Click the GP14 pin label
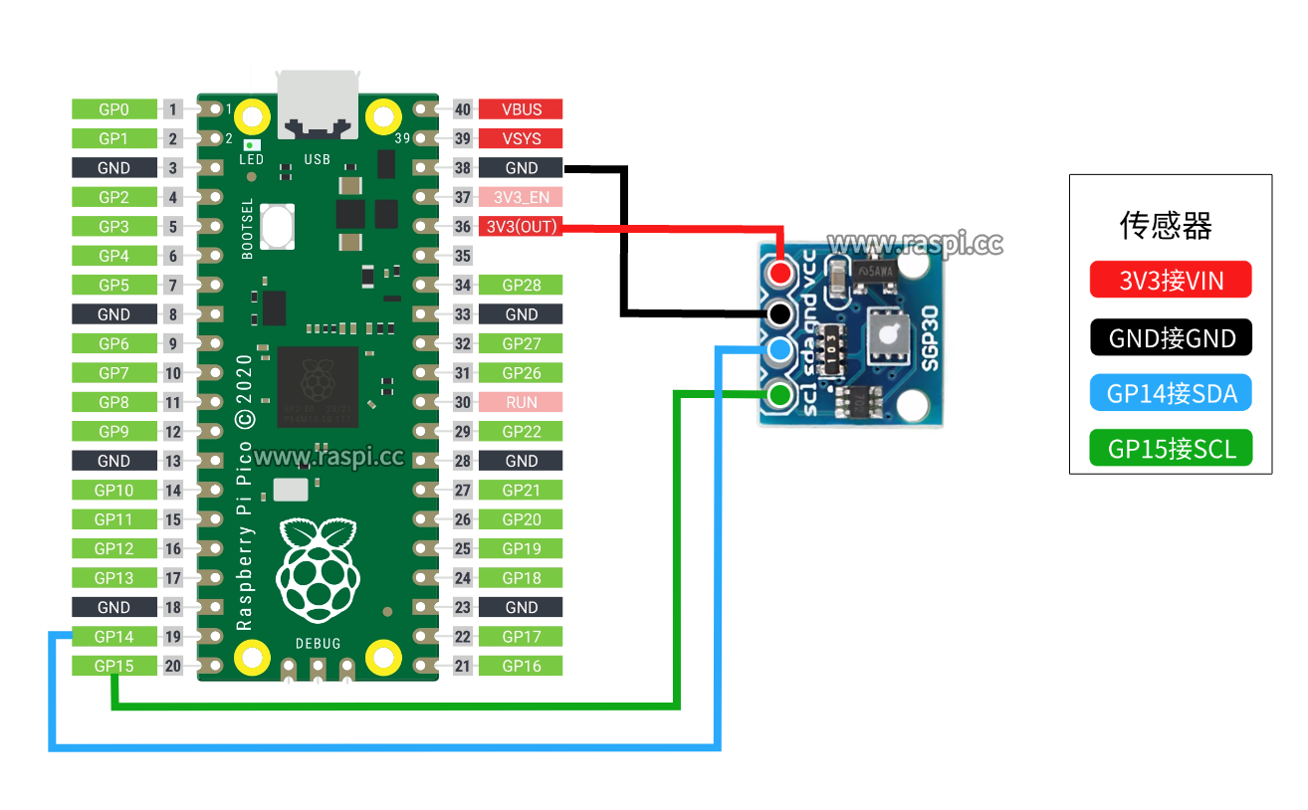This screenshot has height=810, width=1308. tap(113, 637)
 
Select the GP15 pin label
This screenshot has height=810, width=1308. tap(113, 666)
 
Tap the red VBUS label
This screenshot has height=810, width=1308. tap(521, 109)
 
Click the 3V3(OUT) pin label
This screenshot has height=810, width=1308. tap(521, 227)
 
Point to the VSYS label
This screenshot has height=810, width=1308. tap(521, 138)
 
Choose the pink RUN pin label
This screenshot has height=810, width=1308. tap(521, 402)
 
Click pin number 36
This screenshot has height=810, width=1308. tap(462, 227)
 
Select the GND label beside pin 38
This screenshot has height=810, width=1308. tap(521, 168)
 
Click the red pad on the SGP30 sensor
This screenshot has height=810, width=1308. tap(779, 271)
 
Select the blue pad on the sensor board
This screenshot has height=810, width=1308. tap(779, 349)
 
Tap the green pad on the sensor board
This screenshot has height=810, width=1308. tap(779, 395)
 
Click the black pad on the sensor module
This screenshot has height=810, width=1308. tap(779, 313)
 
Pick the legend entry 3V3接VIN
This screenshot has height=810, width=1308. tap(1171, 280)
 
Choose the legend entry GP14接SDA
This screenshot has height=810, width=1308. tap(1171, 393)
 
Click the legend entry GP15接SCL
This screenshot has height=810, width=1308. tap(1171, 449)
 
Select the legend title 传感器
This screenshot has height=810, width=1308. tap(1166, 226)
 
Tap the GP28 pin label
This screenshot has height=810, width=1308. tap(521, 286)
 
